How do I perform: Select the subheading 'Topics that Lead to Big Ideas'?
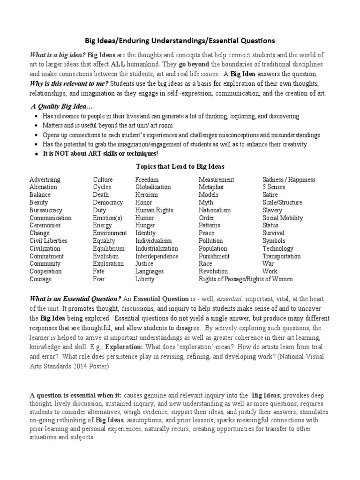tap(180, 166)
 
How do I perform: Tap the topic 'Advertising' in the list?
tap(45, 180)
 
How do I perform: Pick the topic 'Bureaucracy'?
tap(46, 210)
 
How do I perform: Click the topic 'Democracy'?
tap(108, 202)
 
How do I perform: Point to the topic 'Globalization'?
tap(153, 187)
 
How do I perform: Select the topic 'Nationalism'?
tap(215, 210)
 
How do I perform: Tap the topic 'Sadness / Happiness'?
tap(289, 180)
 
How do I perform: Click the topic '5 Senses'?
tap(274, 187)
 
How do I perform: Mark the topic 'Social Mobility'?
tap(283, 218)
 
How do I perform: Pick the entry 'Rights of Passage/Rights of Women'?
tap(246, 279)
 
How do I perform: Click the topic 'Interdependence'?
tap(157, 256)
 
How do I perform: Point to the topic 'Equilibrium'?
tap(109, 248)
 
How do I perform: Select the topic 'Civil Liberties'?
tap(48, 241)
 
